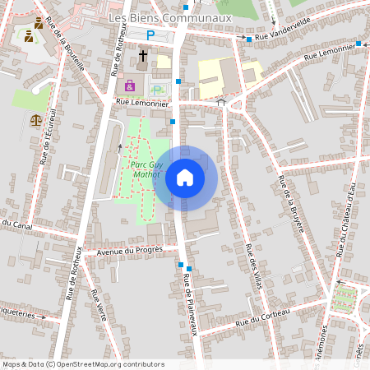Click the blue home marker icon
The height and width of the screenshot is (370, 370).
pyautogui.click(x=185, y=177)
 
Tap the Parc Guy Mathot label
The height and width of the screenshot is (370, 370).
pyautogui.click(x=147, y=169)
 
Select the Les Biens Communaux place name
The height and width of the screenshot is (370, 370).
pyautogui.click(x=171, y=16)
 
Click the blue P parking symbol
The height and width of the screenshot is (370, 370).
pyautogui.click(x=150, y=35)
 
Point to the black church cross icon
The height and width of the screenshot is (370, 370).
pyautogui.click(x=143, y=56)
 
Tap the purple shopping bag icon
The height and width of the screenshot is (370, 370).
pyautogui.click(x=130, y=86)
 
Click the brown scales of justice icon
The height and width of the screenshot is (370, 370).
pyautogui.click(x=35, y=120)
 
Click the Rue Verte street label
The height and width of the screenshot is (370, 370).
pyautogui.click(x=98, y=305)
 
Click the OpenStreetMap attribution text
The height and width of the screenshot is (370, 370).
pyautogui.click(x=82, y=363)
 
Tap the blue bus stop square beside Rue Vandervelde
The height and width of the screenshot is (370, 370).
pyautogui.click(x=248, y=39)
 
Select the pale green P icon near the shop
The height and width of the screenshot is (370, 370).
pyautogui.click(x=156, y=89)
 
